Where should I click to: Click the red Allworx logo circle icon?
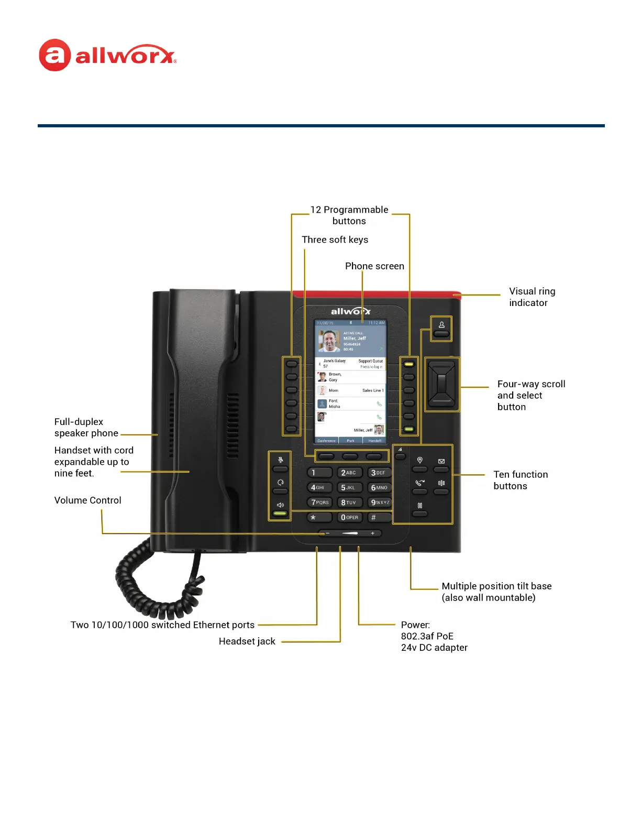[54, 55]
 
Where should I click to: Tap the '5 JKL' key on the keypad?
[348, 487]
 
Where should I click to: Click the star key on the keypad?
[319, 518]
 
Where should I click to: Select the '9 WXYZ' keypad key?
[379, 503]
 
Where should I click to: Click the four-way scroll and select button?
[442, 385]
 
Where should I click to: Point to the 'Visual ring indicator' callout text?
[532, 297]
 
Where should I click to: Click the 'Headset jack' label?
[247, 641]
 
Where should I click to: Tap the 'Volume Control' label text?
[87, 500]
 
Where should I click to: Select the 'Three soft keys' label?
[335, 240]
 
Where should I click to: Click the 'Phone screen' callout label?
[374, 266]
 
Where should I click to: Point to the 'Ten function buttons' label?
[520, 480]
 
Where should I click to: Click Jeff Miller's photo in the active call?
[329, 341]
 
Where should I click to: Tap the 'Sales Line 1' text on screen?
[372, 390]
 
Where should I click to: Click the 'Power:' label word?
[415, 625]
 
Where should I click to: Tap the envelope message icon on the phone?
[441, 462]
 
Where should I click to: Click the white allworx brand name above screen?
[350, 311]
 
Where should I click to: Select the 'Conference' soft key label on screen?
[326, 441]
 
